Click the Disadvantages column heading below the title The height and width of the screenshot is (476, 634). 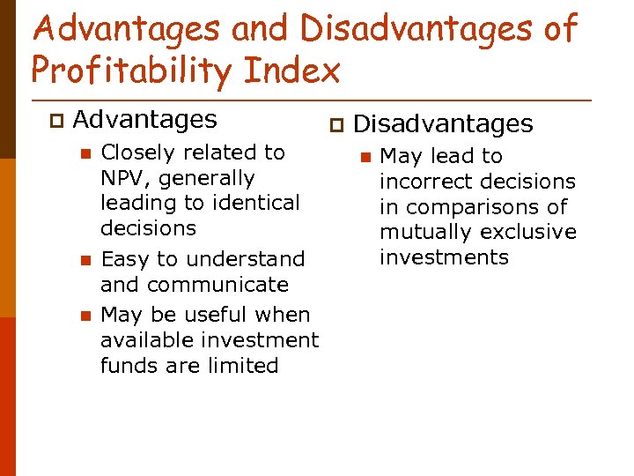pyautogui.click(x=443, y=124)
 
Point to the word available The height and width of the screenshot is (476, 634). pyautogui.click(x=144, y=340)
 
